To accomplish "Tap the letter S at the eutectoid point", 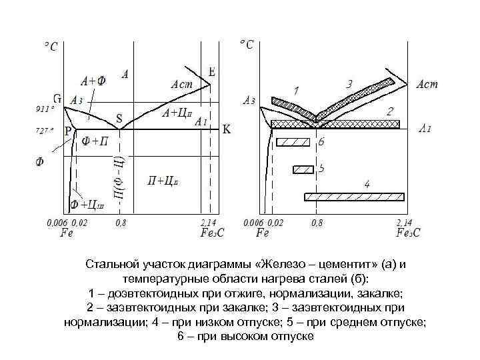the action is pyautogui.click(x=119, y=119).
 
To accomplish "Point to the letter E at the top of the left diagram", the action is pyautogui.click(x=211, y=72).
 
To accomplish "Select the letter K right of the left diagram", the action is pyautogui.click(x=226, y=131).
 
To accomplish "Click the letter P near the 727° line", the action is pyautogui.click(x=68, y=132).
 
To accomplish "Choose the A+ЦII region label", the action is pyautogui.click(x=177, y=113).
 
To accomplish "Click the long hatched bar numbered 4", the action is pyautogui.click(x=354, y=196).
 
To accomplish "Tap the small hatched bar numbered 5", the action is pyautogui.click(x=303, y=169).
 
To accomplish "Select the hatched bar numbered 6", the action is pyautogui.click(x=294, y=141).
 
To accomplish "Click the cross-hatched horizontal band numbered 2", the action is pyautogui.click(x=333, y=124).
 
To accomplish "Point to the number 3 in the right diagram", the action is pyautogui.click(x=349, y=84).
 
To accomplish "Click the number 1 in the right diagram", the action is pyautogui.click(x=297, y=89).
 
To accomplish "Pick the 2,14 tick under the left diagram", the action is pyautogui.click(x=209, y=222).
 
